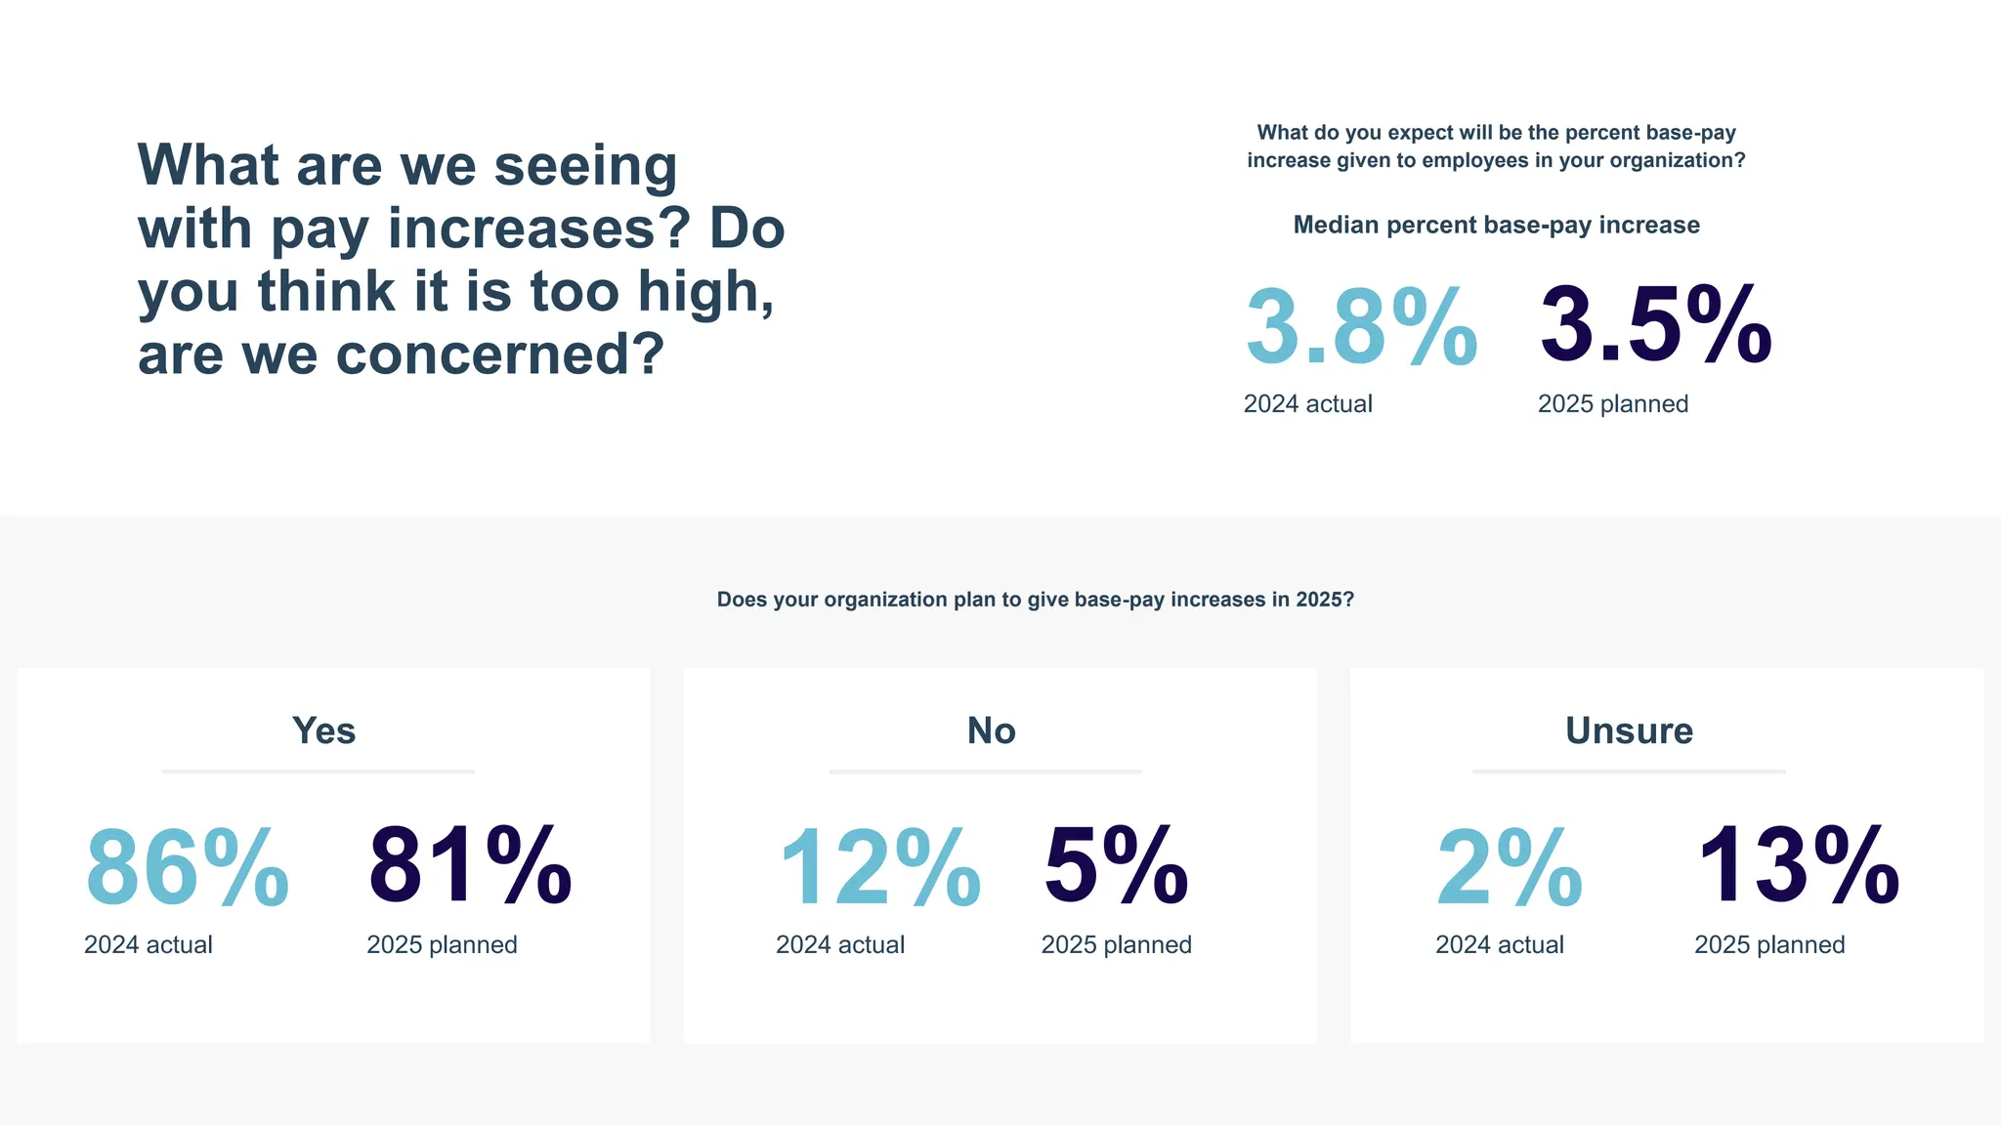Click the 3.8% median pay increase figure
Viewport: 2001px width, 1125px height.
click(1361, 327)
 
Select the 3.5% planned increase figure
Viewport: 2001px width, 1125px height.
click(1656, 325)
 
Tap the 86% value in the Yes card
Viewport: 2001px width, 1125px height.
click(188, 868)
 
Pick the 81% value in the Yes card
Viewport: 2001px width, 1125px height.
click(470, 866)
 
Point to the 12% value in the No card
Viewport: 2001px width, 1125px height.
click(879, 868)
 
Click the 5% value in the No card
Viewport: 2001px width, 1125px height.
click(1116, 866)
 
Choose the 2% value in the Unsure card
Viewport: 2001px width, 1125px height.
click(1509, 868)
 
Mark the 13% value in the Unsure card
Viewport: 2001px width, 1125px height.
click(1799, 866)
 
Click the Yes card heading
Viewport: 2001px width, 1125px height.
click(323, 730)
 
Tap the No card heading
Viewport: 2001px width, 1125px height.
click(991, 730)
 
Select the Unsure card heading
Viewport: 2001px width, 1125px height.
click(1629, 730)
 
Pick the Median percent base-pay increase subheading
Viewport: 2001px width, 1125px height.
click(1496, 225)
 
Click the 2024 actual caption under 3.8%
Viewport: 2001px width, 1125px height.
click(1307, 404)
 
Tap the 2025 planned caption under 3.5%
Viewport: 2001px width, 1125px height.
click(1612, 404)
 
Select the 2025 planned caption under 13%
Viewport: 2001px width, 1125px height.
click(1768, 945)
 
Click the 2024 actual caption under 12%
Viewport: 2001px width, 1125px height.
click(839, 945)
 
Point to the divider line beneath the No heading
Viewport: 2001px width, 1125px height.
click(985, 771)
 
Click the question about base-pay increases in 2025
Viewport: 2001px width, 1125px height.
click(1035, 600)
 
